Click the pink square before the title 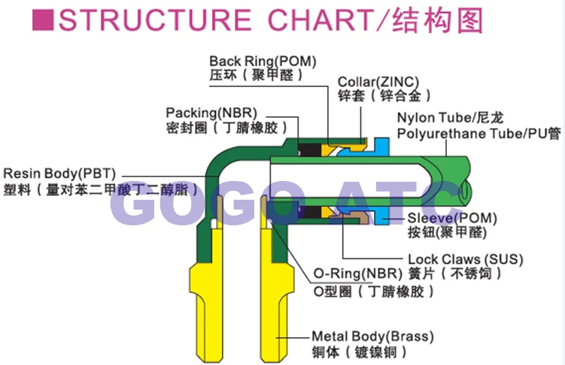(43, 20)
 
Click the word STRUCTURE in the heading (155, 20)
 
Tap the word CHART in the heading (320, 20)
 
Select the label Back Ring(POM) (263, 61)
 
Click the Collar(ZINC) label (378, 82)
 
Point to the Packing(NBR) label (211, 113)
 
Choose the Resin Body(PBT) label (59, 173)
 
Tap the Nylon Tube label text (435, 118)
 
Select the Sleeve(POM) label (452, 218)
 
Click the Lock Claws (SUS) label (465, 259)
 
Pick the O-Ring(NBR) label (358, 273)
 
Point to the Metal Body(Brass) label (372, 336)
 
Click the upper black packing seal (309, 150)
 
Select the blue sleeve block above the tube (381, 146)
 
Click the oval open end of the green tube (466, 190)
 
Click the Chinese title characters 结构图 (438, 20)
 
